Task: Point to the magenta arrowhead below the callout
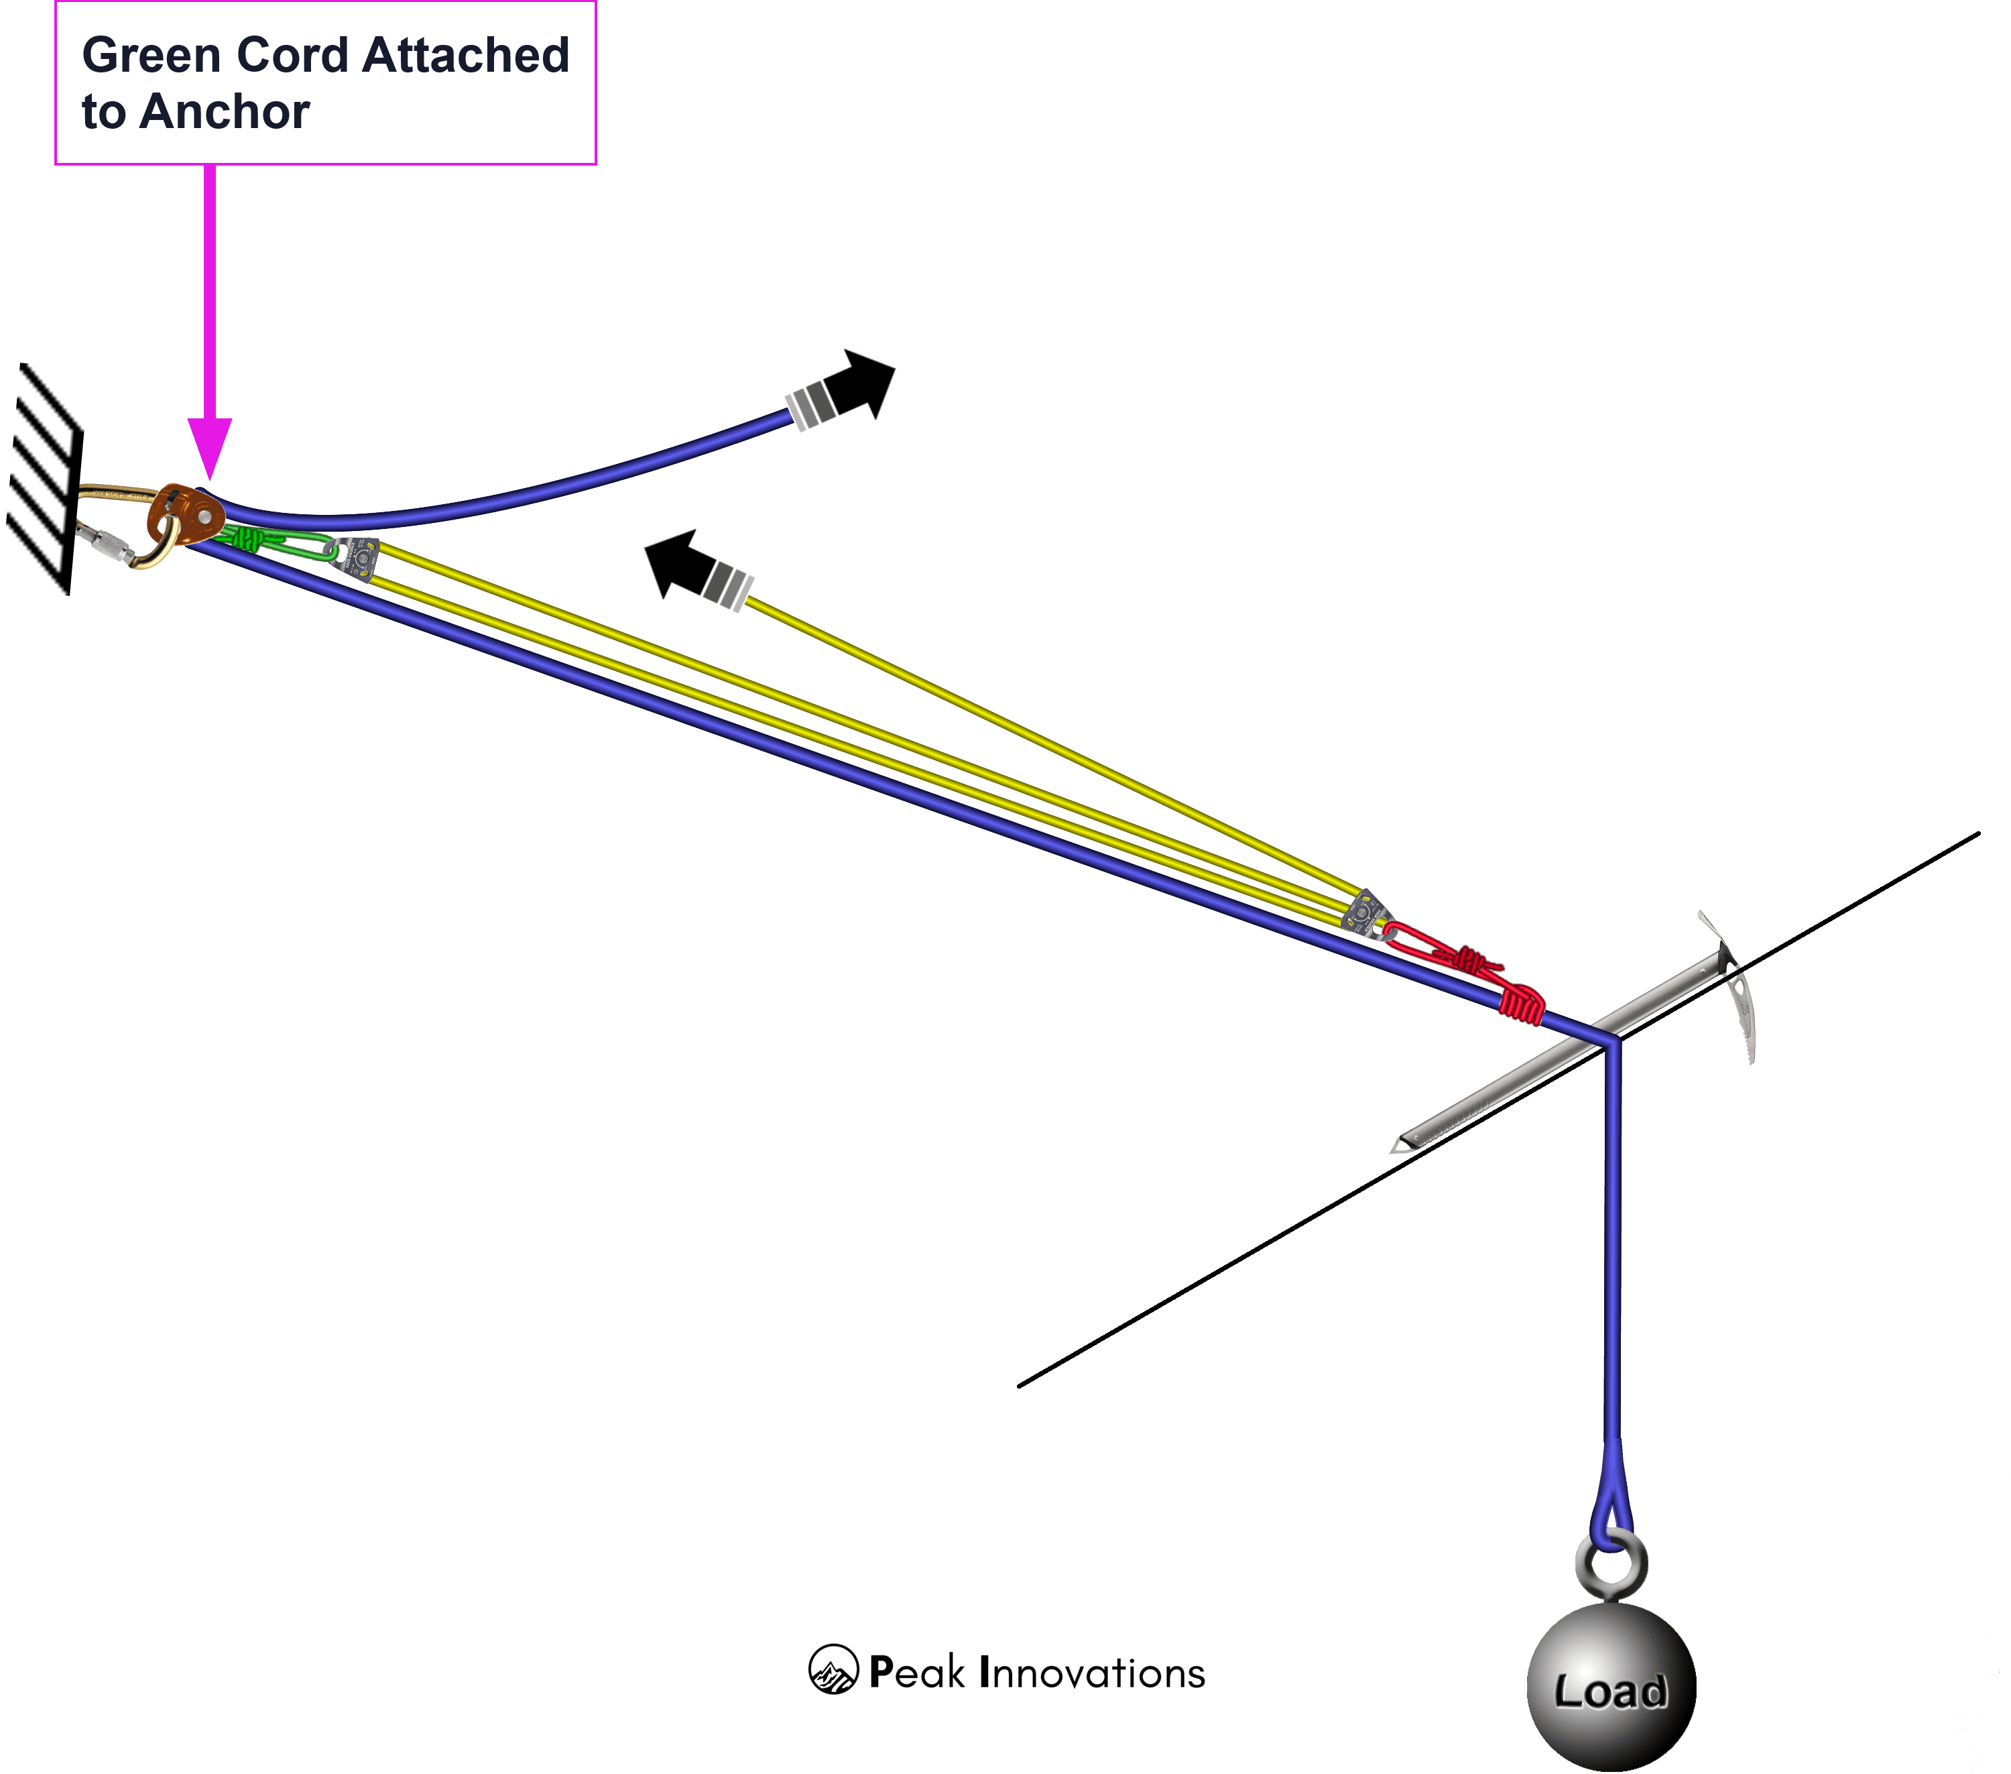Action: [x=210, y=448]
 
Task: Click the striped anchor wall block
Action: [x=44, y=478]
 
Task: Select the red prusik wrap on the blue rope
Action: [x=1521, y=1004]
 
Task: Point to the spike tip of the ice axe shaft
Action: [x=1399, y=1144]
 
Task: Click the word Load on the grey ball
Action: [x=1611, y=1692]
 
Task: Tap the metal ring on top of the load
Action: [x=1611, y=1564]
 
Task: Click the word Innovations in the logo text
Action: [x=1092, y=1673]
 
